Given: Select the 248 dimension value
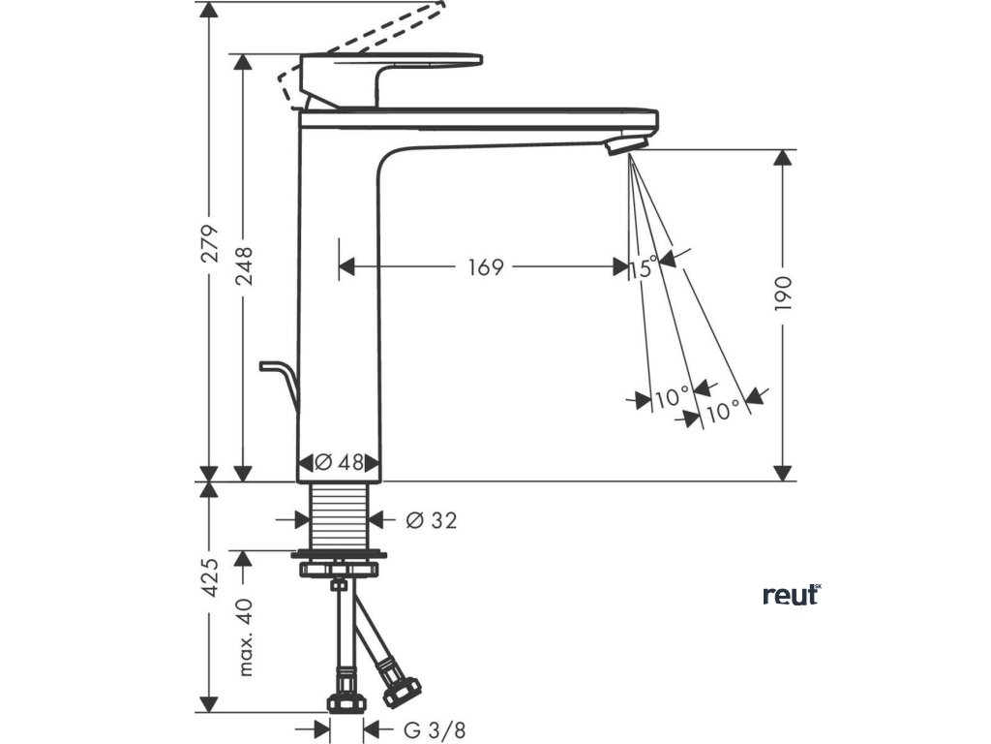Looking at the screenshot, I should (x=243, y=265).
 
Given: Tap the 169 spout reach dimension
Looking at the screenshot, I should (x=486, y=267).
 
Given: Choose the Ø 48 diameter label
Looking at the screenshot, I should (x=339, y=463).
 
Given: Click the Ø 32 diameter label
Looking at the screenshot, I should (x=432, y=520).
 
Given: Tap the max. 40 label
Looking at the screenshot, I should (x=243, y=635).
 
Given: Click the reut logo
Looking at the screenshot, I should (x=791, y=595).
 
